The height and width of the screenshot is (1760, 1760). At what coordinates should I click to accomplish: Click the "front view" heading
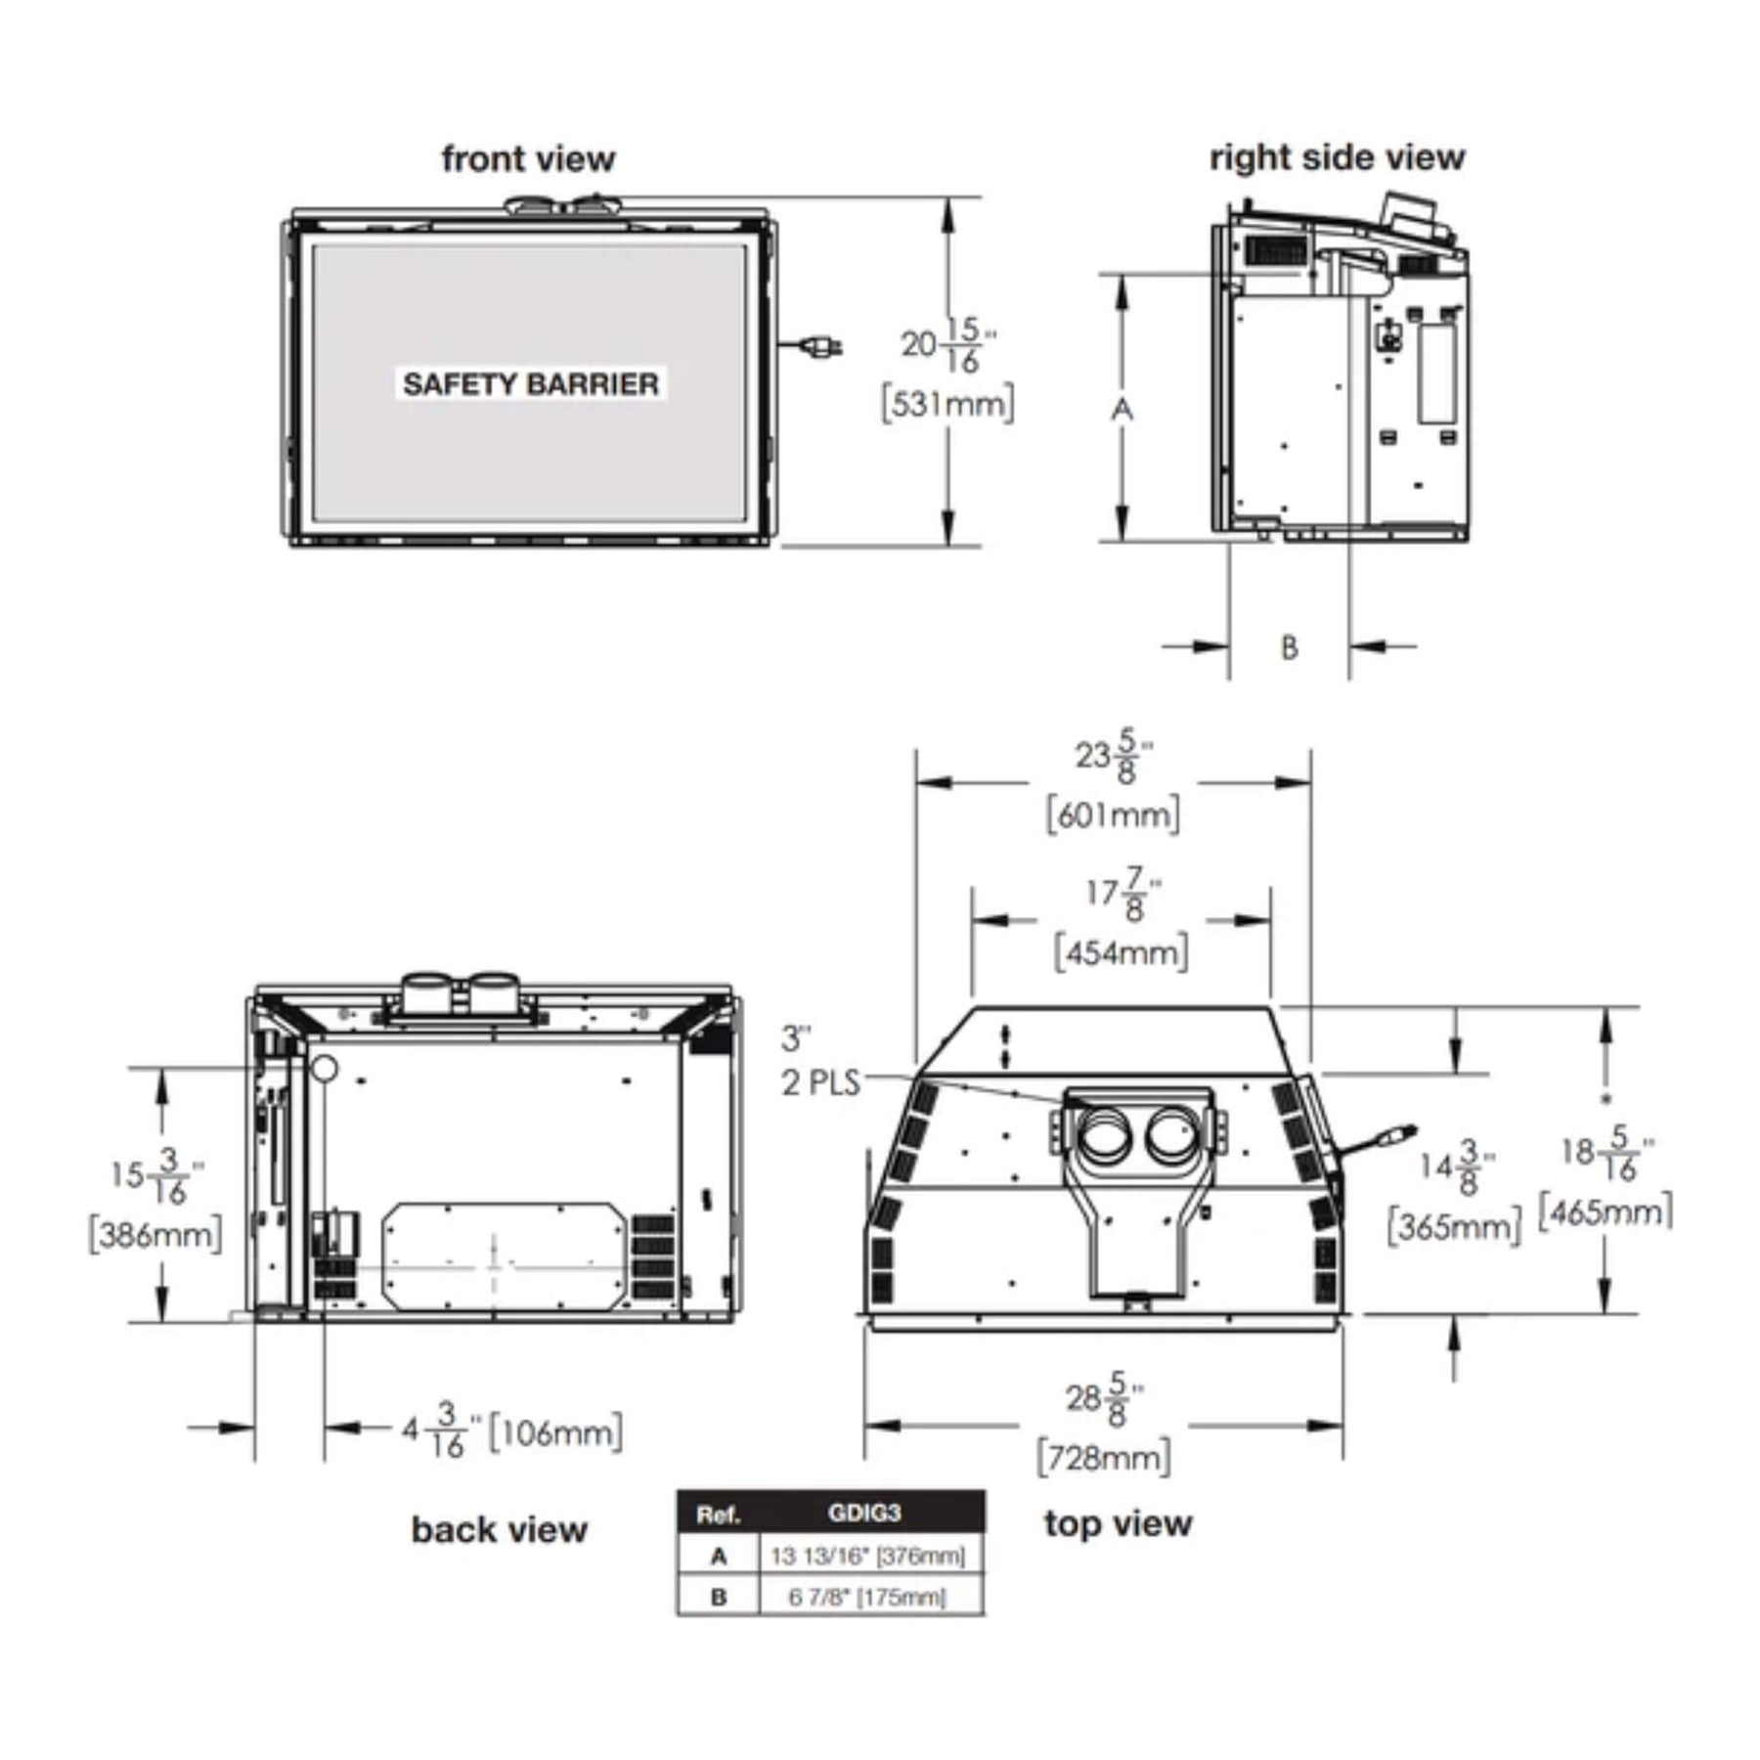click(528, 158)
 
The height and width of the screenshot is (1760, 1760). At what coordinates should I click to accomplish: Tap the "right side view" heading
click(1337, 157)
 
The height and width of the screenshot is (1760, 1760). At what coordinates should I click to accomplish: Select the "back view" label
click(499, 1529)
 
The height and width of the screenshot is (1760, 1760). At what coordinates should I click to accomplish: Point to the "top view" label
click(1118, 1523)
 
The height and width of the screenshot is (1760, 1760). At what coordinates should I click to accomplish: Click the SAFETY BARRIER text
click(531, 383)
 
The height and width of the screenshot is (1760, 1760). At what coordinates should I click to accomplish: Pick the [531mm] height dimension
click(947, 403)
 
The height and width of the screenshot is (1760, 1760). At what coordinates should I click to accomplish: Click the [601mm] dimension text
click(1113, 814)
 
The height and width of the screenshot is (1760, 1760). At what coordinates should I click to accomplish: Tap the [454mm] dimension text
click(1122, 951)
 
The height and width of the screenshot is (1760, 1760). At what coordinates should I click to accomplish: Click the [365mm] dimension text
click(1455, 1226)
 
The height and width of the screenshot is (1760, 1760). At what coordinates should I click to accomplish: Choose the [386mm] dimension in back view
click(155, 1234)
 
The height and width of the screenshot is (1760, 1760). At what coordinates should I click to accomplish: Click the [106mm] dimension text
click(554, 1433)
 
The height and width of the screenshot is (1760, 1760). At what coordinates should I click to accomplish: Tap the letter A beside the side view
click(1122, 409)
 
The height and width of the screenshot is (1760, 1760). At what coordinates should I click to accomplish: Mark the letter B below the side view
click(1290, 647)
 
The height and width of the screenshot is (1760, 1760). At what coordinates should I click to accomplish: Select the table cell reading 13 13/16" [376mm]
click(867, 1556)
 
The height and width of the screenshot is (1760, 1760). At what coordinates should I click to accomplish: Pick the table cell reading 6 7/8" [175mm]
click(867, 1598)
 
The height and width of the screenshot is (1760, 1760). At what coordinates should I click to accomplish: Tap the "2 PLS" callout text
click(821, 1082)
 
